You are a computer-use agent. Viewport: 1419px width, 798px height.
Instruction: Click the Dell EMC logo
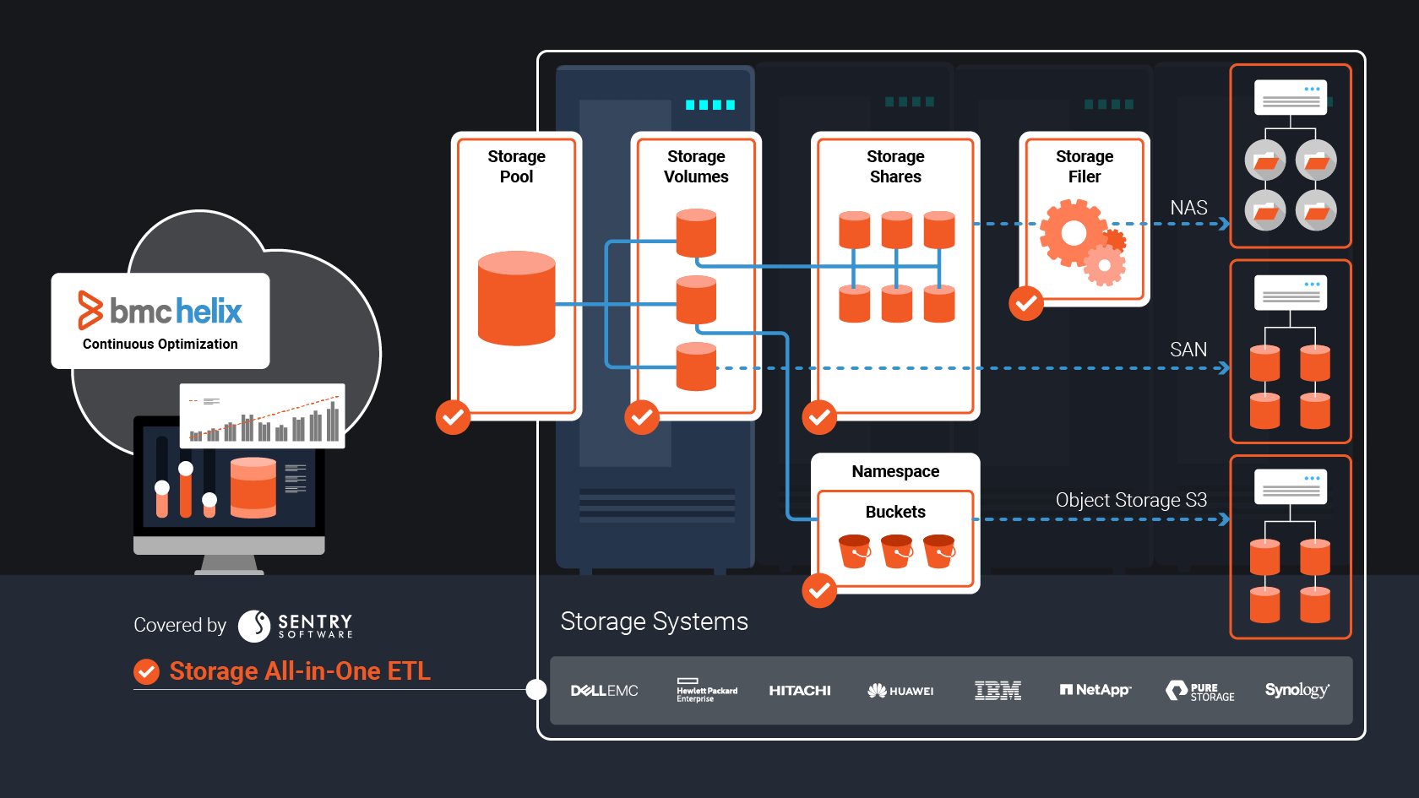[x=604, y=691]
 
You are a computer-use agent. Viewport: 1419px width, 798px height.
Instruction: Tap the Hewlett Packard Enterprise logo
[x=706, y=690]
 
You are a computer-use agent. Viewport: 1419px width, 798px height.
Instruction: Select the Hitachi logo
[x=799, y=691]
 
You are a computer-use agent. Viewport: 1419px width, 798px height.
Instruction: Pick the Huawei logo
[x=900, y=691]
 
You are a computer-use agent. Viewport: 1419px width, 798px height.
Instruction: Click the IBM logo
[x=998, y=691]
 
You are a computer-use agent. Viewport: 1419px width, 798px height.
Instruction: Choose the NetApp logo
[x=1096, y=690]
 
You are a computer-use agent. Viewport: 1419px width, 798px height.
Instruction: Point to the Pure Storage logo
[x=1199, y=691]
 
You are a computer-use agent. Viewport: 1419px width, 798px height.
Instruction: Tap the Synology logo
[x=1297, y=690]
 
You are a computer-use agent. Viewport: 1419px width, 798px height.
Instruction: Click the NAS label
[x=1188, y=208]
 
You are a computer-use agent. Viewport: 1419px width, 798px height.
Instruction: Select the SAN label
[x=1188, y=350]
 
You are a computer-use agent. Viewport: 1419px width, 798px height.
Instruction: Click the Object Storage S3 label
[x=1131, y=500]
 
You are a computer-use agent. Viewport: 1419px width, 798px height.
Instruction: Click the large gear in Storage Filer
[x=1074, y=233]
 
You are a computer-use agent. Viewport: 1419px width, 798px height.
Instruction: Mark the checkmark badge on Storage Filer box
[x=1026, y=303]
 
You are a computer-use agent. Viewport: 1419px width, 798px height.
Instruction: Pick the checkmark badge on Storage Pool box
[x=453, y=417]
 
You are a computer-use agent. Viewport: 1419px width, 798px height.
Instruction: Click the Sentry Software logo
[x=295, y=626]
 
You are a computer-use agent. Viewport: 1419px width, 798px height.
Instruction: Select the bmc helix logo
[x=160, y=311]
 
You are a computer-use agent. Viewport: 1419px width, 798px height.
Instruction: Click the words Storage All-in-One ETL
[x=300, y=671]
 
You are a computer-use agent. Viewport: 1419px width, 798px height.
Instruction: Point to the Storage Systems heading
[x=654, y=622]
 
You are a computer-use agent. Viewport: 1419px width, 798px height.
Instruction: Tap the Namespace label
[x=895, y=471]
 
